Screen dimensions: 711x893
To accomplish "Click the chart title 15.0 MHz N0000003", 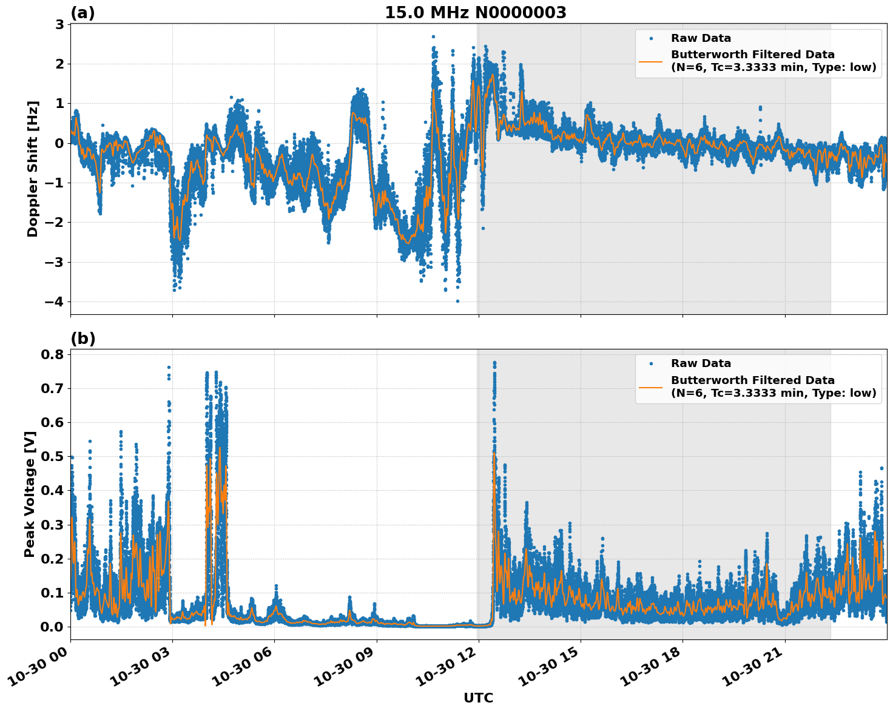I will point(476,13).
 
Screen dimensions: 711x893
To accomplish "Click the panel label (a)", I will point(83,13).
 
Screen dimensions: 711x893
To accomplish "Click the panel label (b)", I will point(83,339).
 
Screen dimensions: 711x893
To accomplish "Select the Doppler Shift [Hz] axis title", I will point(33,169).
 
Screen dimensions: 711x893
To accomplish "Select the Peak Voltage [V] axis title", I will point(30,494).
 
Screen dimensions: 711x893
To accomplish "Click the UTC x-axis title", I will point(478,698).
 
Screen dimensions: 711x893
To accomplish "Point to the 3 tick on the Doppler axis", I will point(60,24).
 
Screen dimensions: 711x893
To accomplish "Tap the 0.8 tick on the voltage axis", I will point(52,354).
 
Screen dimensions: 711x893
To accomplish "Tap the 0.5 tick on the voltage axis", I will point(52,456).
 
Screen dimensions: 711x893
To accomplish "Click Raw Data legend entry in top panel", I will point(701,38).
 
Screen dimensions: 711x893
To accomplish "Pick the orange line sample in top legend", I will point(650,61).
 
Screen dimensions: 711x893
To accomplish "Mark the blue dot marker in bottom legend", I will point(650,363).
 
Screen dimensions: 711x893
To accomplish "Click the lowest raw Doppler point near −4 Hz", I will point(457,301).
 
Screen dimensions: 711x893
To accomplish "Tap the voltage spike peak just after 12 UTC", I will point(494,363).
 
